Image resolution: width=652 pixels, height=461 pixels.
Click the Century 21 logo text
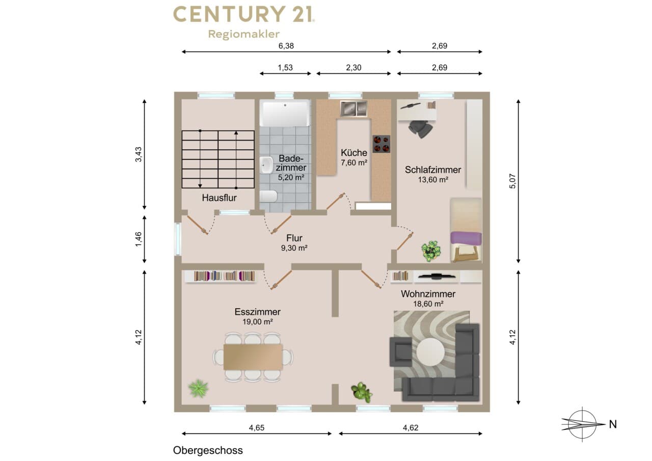(x=244, y=14)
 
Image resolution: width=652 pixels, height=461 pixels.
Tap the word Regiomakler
(x=244, y=34)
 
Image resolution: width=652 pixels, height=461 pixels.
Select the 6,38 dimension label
(x=286, y=46)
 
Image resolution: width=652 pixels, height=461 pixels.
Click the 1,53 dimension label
(x=285, y=68)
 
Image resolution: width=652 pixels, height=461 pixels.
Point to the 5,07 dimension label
(x=512, y=181)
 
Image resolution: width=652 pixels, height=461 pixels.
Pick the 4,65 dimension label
(x=257, y=428)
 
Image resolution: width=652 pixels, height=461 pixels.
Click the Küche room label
(x=354, y=152)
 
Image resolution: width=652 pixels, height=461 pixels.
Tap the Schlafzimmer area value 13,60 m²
(x=433, y=180)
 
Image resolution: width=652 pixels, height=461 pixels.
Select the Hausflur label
(x=219, y=198)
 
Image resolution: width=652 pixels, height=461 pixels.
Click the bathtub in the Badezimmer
(x=285, y=113)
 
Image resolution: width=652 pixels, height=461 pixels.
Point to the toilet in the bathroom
(x=268, y=196)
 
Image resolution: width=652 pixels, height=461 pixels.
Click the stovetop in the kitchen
(x=382, y=144)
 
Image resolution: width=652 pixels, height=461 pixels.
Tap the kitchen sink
(x=354, y=109)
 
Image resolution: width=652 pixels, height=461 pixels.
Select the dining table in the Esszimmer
(x=253, y=357)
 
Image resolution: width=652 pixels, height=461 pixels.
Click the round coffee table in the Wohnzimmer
(x=430, y=352)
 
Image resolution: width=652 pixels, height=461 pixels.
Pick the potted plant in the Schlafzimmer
(x=431, y=251)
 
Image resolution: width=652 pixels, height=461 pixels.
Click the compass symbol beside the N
(x=582, y=424)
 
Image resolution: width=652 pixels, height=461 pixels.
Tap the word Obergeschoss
(x=208, y=450)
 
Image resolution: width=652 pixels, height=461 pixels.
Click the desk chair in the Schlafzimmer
(x=421, y=129)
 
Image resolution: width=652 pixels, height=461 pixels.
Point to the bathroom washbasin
(x=266, y=165)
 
